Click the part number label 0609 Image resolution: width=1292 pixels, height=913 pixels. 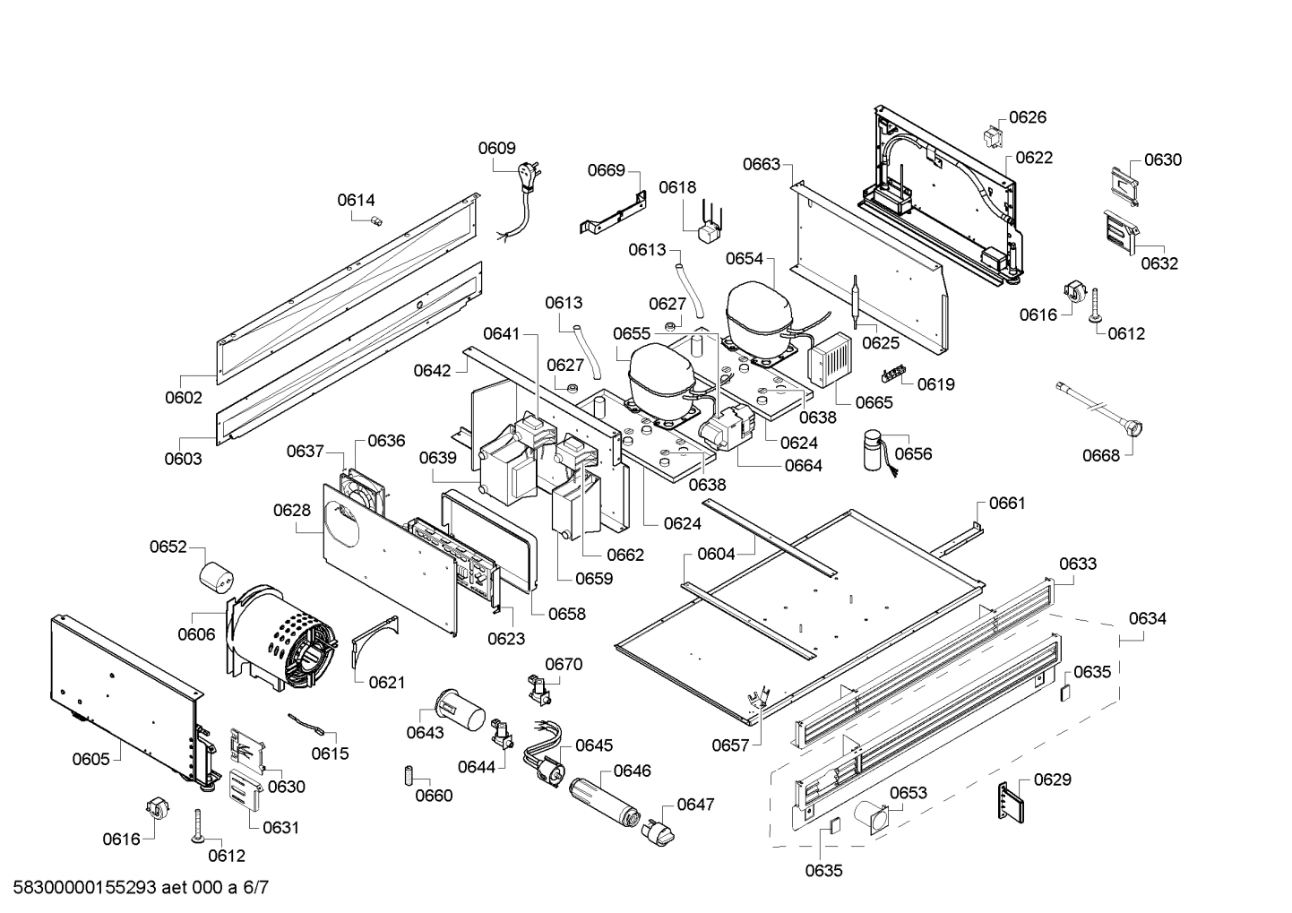coord(496,149)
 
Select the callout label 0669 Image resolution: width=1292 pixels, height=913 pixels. coord(607,170)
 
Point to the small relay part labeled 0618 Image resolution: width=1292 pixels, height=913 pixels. coord(711,231)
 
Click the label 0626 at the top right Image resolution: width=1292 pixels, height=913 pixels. coord(1028,117)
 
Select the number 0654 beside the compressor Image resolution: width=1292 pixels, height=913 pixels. coord(745,258)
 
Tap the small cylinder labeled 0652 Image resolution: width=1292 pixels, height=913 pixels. coord(216,577)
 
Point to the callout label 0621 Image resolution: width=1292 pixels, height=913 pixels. coord(386,682)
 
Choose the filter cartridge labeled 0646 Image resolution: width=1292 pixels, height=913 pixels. coord(603,801)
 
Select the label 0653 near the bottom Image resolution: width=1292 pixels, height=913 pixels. coord(909,793)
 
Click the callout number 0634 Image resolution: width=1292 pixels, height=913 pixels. coord(1148,618)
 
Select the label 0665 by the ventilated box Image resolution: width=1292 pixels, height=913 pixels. coord(874,402)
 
